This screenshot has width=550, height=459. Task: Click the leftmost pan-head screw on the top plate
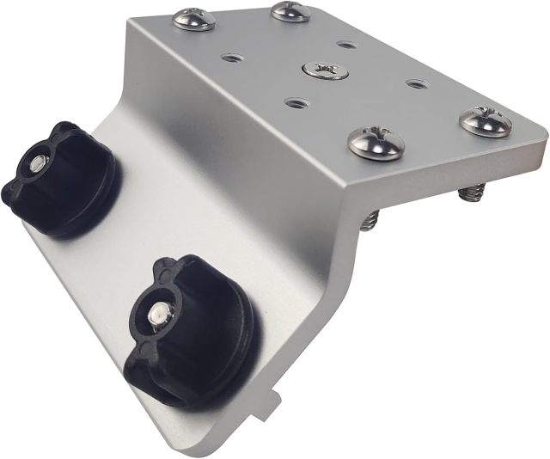(x=195, y=18)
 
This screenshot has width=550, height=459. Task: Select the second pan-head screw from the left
(x=290, y=11)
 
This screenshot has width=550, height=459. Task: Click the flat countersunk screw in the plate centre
(x=325, y=69)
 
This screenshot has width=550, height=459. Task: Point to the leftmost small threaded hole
(x=230, y=58)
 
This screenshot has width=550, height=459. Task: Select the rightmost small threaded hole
(x=416, y=85)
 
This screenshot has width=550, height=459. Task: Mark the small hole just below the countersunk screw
(x=296, y=101)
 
